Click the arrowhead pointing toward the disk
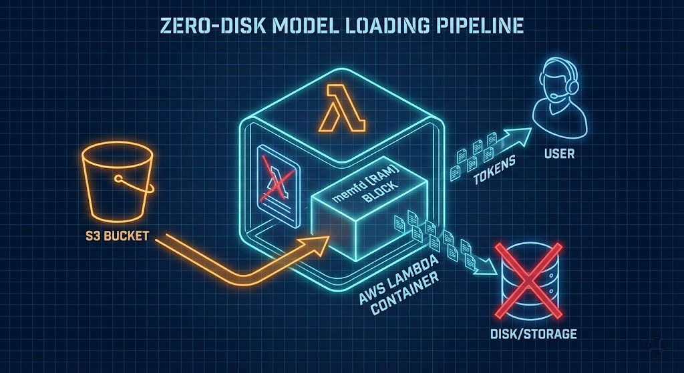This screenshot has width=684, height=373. point(492,269)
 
